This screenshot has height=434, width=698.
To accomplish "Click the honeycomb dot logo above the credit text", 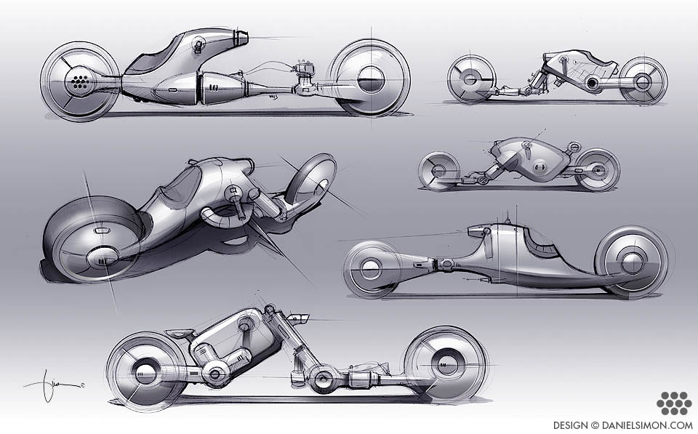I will (x=673, y=403).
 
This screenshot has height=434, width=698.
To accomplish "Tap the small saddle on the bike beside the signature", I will (x=178, y=334).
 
